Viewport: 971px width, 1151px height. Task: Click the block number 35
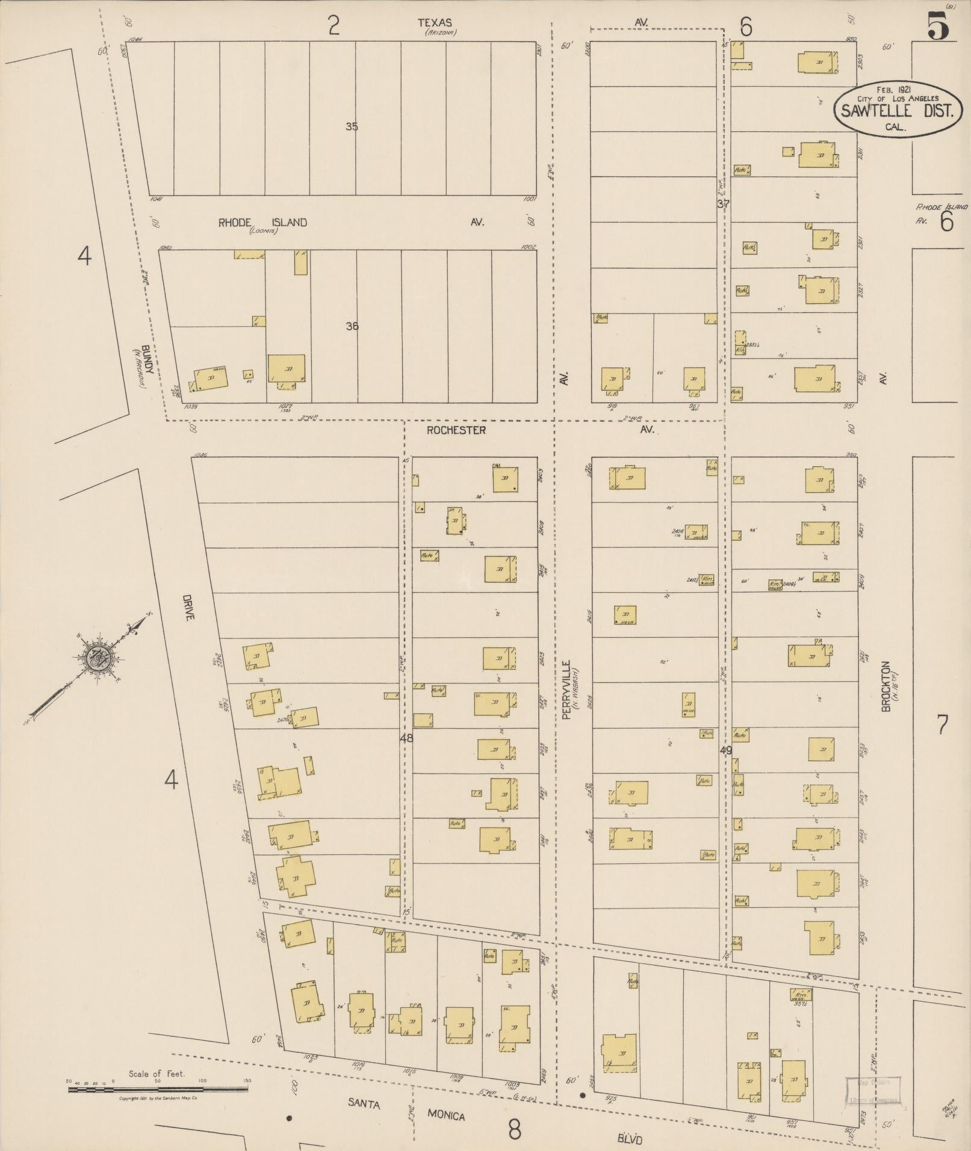(352, 126)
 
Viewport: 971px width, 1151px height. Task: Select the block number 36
(352, 326)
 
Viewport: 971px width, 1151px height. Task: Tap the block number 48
(407, 738)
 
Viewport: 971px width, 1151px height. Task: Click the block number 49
(725, 750)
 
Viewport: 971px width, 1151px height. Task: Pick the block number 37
(723, 203)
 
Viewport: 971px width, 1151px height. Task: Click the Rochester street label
(456, 430)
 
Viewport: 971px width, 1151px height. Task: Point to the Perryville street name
(566, 690)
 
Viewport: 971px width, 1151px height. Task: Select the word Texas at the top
(435, 23)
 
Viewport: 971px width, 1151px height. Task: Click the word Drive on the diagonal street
(187, 608)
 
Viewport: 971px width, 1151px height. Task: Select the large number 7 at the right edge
(942, 724)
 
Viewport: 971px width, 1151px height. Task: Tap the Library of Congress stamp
(872, 668)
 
